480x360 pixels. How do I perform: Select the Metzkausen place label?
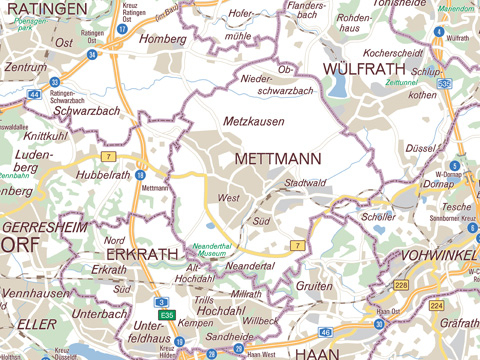(x=253, y=121)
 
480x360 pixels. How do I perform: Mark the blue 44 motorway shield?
(x=34, y=94)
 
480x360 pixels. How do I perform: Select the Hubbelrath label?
(x=104, y=175)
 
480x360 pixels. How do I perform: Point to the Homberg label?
(x=164, y=39)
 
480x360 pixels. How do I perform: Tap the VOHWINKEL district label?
(x=439, y=255)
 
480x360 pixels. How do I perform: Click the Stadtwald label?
(x=306, y=184)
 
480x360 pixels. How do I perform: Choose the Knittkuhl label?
(x=45, y=136)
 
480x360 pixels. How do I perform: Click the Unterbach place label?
(x=99, y=313)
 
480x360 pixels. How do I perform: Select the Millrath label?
(x=246, y=294)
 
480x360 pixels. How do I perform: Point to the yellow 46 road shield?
(x=325, y=331)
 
